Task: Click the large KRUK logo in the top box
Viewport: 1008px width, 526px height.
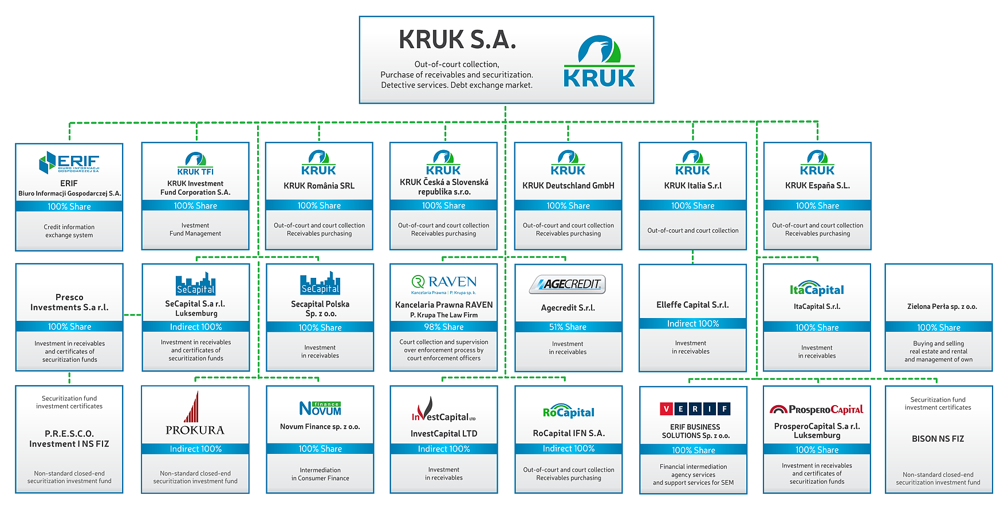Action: pos(599,62)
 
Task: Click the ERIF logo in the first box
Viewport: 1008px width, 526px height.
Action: pos(69,163)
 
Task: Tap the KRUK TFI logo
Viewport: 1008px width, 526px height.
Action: pos(195,164)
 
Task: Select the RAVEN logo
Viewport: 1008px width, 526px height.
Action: pos(444,282)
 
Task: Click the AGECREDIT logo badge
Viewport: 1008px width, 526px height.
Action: pos(568,284)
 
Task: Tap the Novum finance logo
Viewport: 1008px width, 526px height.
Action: pos(320,408)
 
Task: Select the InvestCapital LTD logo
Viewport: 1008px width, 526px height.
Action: pos(443,410)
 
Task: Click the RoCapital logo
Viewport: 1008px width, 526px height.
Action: pos(568,411)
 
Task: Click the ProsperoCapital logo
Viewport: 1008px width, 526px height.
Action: pos(817,409)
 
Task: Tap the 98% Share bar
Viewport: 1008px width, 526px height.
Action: pos(444,327)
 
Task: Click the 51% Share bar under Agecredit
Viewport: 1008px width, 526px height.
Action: pos(568,327)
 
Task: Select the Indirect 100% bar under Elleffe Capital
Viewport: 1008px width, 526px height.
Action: pos(692,324)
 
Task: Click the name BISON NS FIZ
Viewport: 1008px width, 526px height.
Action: pos(938,439)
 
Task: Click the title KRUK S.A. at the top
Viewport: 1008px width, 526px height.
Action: pos(458,40)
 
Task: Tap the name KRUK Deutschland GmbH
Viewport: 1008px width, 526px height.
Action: pos(568,186)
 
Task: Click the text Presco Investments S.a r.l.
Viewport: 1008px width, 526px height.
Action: pos(69,302)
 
